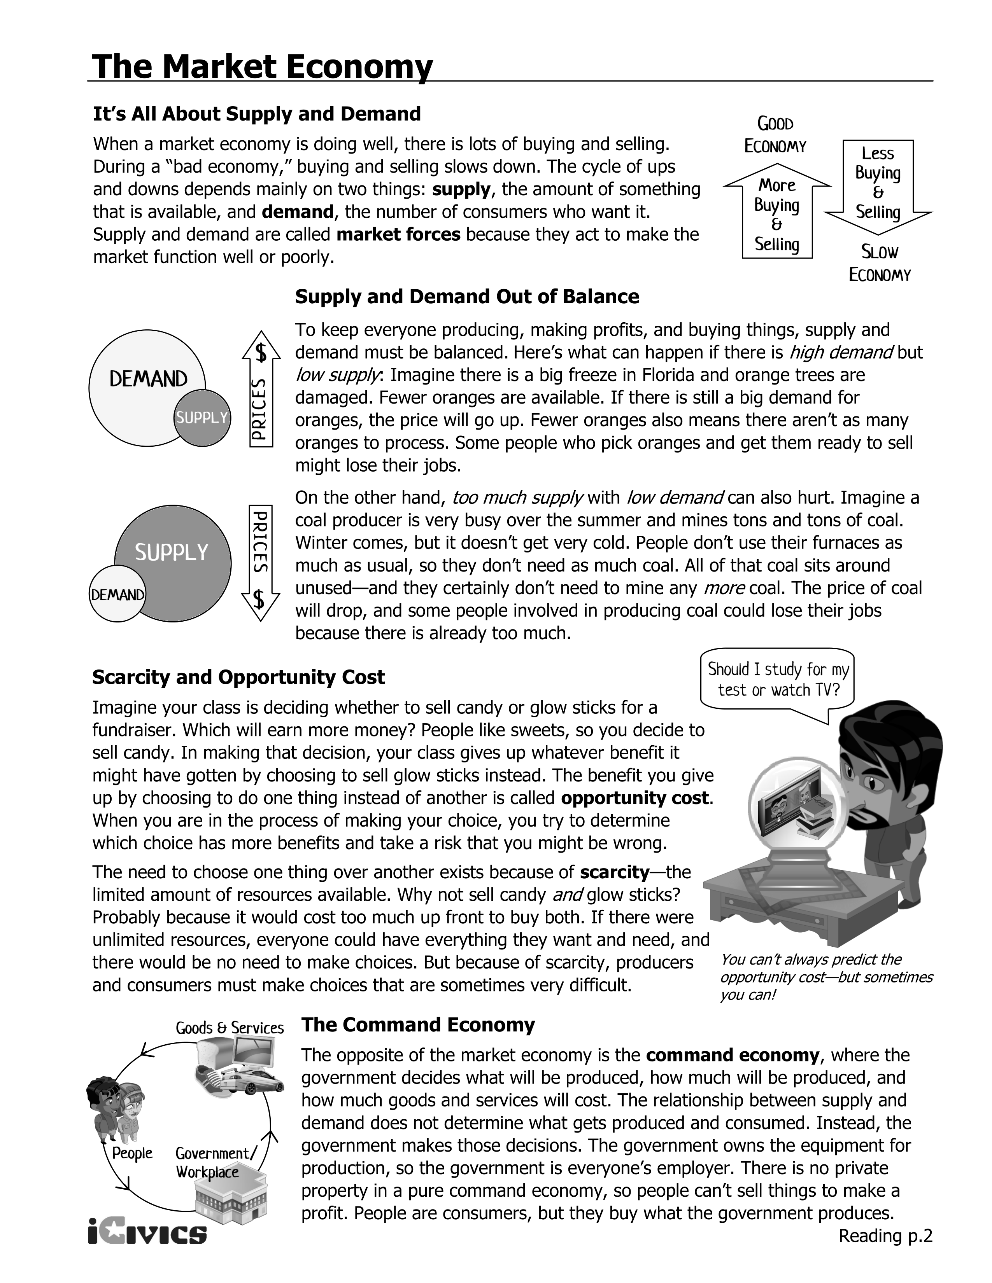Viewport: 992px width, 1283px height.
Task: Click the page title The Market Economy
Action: [262, 66]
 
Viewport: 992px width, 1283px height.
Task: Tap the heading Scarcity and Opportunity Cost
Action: [238, 677]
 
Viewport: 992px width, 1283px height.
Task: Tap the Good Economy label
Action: [775, 135]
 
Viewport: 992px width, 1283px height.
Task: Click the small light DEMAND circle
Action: [117, 594]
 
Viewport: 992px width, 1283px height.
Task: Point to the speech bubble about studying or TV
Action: [778, 680]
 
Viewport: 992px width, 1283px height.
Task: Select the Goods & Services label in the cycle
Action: [229, 1028]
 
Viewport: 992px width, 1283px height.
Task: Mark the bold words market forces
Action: [398, 234]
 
